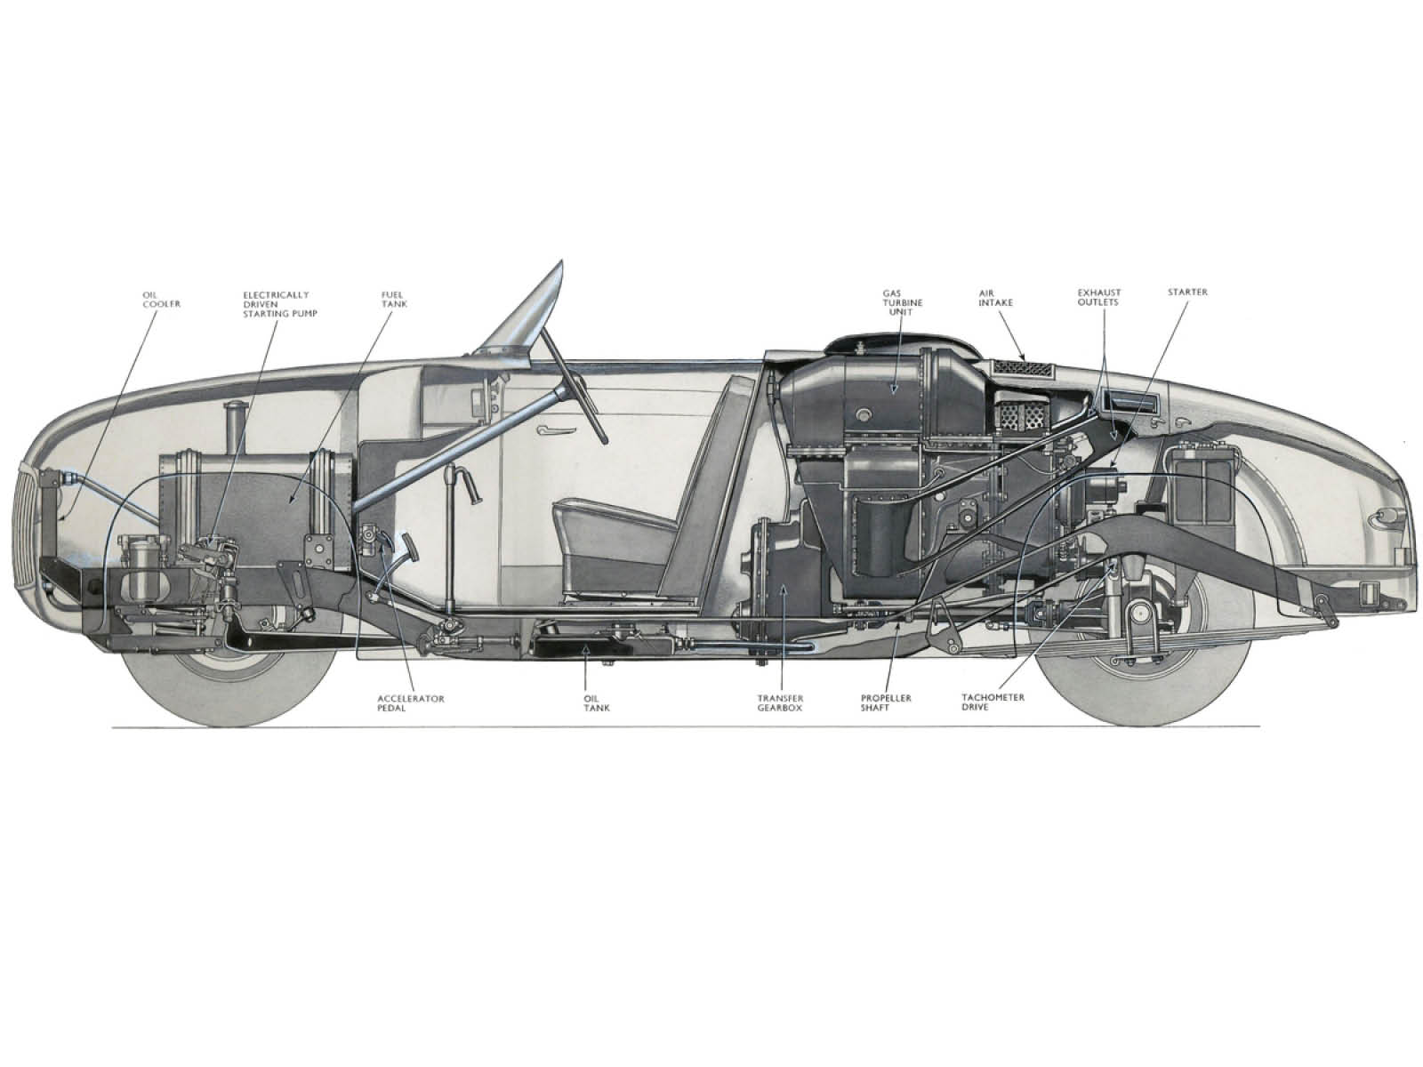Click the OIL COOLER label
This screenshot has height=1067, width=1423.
tap(161, 300)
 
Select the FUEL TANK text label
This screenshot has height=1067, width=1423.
tap(393, 300)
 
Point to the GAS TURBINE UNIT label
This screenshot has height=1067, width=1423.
tap(902, 302)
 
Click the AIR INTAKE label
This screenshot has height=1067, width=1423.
tap(996, 298)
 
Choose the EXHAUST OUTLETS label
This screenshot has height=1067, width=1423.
tap(1099, 297)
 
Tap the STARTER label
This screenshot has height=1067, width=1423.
tap(1187, 293)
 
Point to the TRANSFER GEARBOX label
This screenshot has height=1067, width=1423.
tap(780, 703)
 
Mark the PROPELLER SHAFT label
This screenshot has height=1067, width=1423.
tap(886, 703)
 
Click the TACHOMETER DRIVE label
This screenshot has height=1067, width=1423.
tap(993, 702)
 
